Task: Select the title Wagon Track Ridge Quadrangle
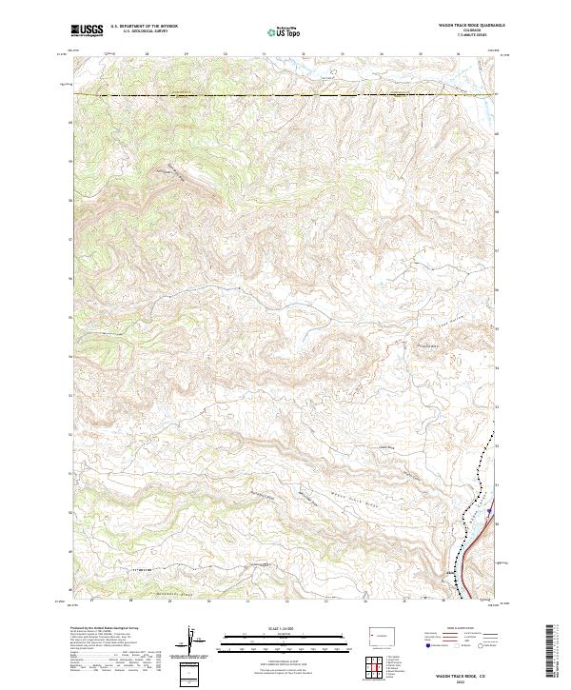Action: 472,26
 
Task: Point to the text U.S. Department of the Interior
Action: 143,27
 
